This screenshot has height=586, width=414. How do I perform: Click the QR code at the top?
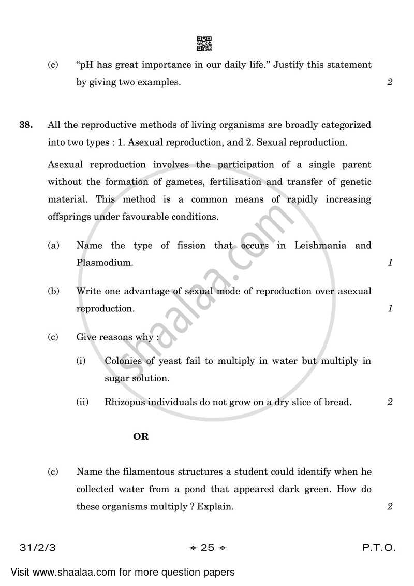(204, 44)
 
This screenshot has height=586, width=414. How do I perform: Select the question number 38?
(26, 125)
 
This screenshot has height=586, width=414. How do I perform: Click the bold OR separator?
(141, 437)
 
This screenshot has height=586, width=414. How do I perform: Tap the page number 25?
(207, 548)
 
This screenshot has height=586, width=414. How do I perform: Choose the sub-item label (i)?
(81, 361)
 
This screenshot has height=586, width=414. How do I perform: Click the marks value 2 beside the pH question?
(390, 82)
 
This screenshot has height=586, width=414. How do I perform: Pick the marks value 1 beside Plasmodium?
(390, 263)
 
